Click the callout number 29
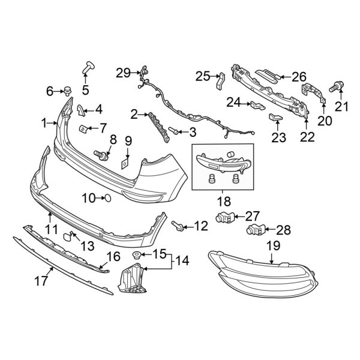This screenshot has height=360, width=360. point(123,73)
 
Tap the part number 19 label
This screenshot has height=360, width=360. point(274,245)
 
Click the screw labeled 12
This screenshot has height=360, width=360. point(178,226)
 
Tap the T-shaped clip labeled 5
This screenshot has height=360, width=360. point(89,66)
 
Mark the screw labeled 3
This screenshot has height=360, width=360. point(173,130)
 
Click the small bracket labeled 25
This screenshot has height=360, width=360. point(220,80)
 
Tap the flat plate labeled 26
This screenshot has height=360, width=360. point(264,75)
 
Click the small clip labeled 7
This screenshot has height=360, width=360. point(82,128)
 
